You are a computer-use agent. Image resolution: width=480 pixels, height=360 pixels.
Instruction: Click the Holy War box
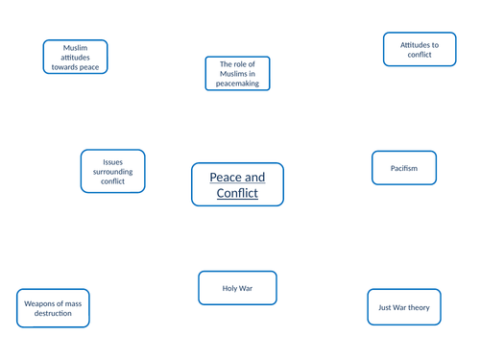pos(237,288)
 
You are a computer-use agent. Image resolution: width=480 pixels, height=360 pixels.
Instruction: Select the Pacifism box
pos(404,168)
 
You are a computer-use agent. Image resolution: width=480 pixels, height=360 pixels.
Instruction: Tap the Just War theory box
pos(404,307)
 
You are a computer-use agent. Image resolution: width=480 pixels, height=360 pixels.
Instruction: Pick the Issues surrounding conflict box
pos(112,171)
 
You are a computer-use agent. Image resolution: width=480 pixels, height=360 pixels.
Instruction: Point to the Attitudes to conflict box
pos(420,50)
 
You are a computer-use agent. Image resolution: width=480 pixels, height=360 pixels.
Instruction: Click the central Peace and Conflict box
pos(237,185)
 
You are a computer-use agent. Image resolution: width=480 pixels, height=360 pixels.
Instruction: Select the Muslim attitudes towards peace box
pos(75,58)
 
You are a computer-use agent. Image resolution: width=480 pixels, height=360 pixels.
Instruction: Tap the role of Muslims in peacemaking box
pos(237,74)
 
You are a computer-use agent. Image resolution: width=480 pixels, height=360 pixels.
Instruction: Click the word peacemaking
pos(237,84)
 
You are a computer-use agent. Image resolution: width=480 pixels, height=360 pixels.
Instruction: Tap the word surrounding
pos(112,171)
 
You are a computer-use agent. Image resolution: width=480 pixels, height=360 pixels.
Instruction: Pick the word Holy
pos(228,288)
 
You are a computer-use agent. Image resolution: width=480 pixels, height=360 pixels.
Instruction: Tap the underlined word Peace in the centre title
pos(228,178)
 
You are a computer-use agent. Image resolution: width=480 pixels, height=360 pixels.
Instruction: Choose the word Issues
pos(112,161)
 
